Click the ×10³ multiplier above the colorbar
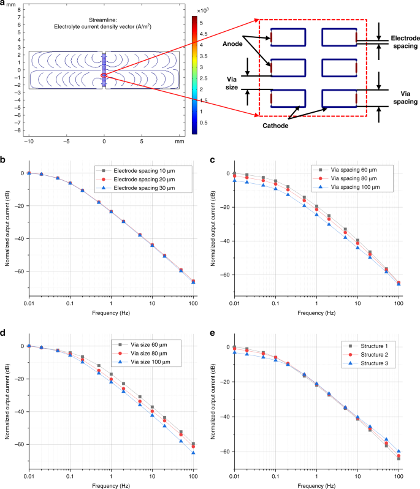202,12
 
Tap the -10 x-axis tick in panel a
28,141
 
